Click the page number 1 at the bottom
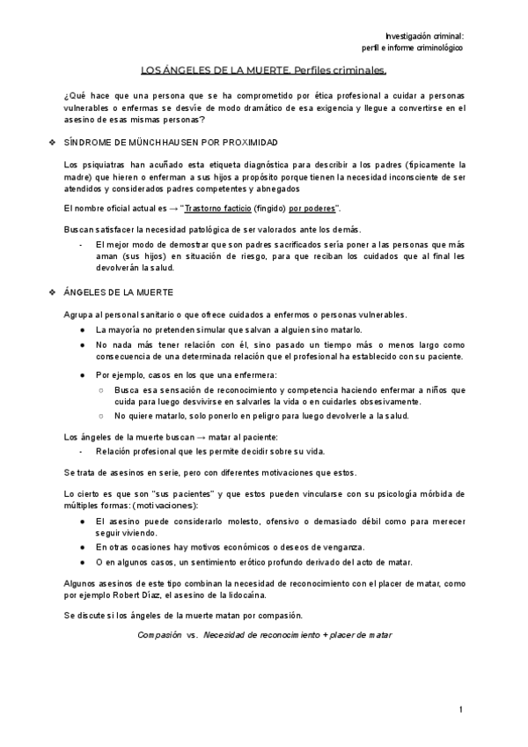tap(461, 710)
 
